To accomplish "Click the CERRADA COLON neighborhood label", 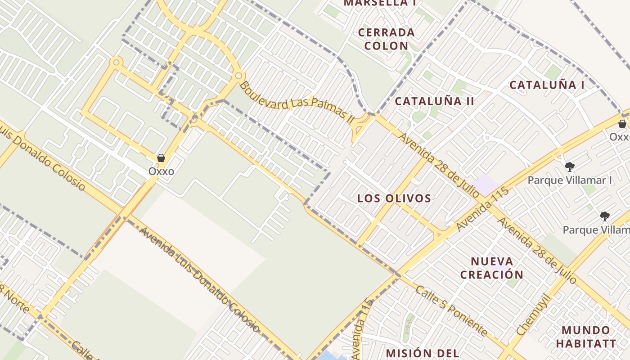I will (x=386, y=39).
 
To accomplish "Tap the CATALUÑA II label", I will (x=434, y=101).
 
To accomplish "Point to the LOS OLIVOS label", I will (x=394, y=198).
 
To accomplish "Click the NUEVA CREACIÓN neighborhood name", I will (x=492, y=268).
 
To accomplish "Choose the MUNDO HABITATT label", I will (x=585, y=337).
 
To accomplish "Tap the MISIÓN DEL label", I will (x=422, y=353).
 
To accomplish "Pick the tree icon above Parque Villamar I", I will (x=569, y=167).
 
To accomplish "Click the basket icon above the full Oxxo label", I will (x=161, y=158).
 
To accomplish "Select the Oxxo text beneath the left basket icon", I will (x=161, y=171).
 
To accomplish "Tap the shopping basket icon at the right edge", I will (x=622, y=124).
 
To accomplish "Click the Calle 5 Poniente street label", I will (x=451, y=311).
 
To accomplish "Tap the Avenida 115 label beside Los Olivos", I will (x=483, y=209).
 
